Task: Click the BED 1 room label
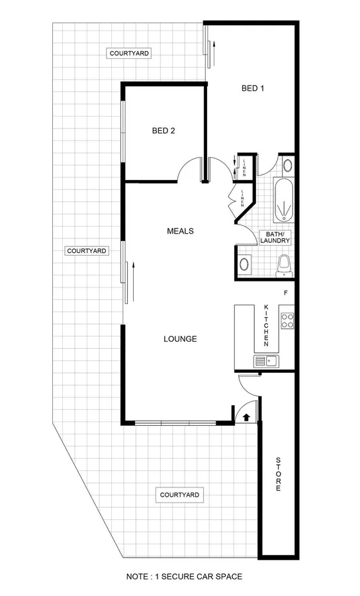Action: coord(253,88)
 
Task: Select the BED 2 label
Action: coord(163,130)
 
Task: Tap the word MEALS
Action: coord(180,231)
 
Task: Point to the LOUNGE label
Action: coord(180,339)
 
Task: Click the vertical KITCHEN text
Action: coord(267,326)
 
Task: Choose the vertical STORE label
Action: coord(278,473)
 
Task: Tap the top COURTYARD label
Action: coord(129,52)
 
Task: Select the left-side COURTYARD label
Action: coord(87,251)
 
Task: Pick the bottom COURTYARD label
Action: coord(179,495)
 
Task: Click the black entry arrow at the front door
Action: coord(246,417)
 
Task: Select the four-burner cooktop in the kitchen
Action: coord(288,321)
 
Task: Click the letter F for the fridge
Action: coord(285,293)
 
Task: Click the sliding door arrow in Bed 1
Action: coord(212,54)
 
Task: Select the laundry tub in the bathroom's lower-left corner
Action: coord(245,264)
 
